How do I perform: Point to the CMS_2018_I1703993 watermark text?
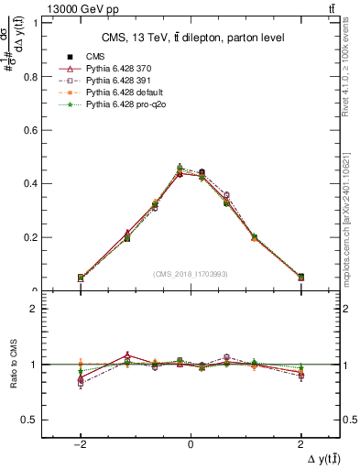pyautogui.click(x=191, y=274)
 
